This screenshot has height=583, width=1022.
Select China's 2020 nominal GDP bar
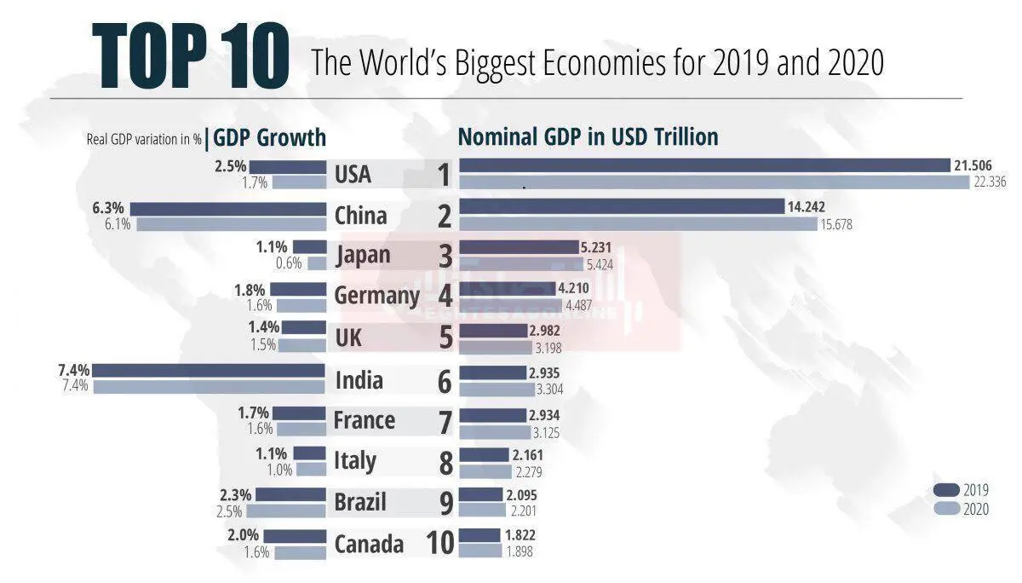pos(638,224)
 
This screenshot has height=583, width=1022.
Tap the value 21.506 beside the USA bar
pos(972,165)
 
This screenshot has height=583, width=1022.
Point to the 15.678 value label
pos(835,225)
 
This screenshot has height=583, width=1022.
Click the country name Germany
pos(376,296)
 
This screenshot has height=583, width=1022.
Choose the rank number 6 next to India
pos(444,381)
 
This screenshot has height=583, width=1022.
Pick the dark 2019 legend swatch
pos(946,489)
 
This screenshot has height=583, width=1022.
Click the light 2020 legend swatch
pos(946,509)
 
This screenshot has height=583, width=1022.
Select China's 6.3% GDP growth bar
pos(228,208)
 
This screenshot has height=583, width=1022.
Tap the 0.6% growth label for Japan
pos(289,263)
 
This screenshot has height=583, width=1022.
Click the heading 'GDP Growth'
pos(270,137)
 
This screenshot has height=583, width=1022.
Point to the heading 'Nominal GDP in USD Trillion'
pos(588,136)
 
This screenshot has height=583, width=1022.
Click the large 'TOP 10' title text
pos(191,57)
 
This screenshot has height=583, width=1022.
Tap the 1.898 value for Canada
pos(520,552)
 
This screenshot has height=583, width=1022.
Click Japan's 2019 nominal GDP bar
pos(518,247)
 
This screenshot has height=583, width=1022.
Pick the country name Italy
pos(354,461)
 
